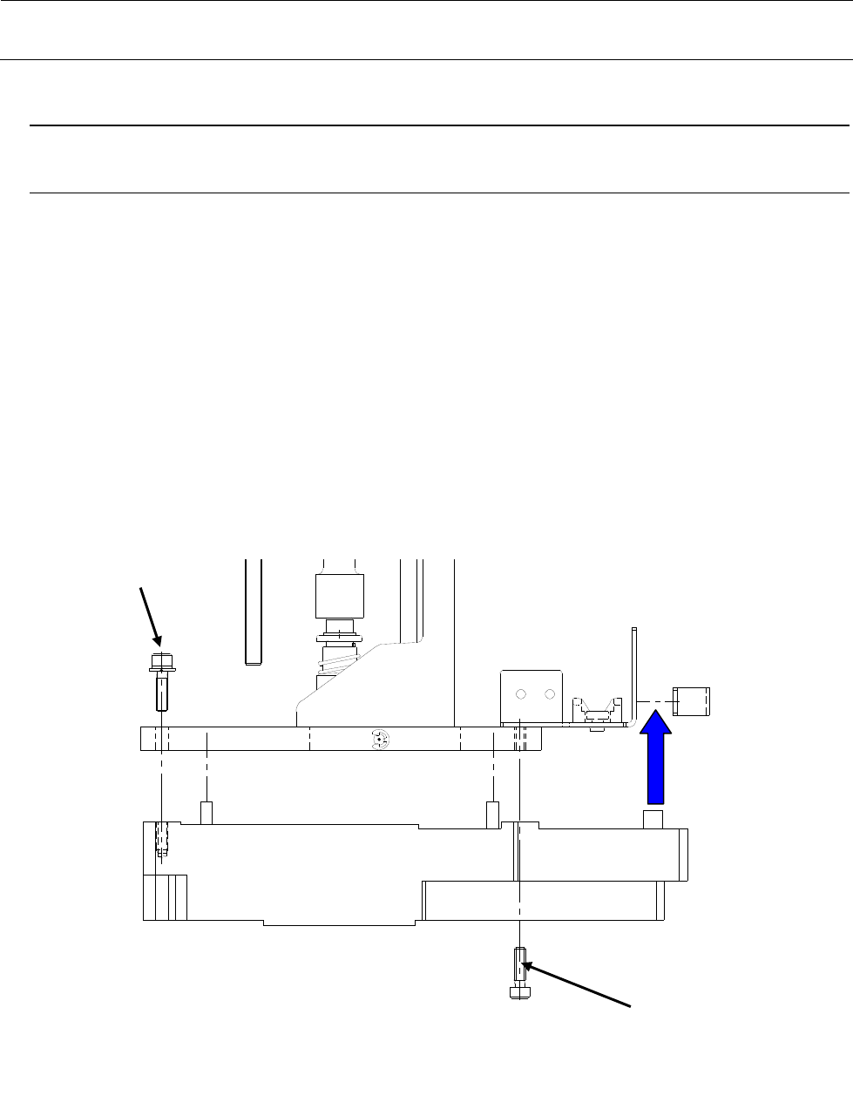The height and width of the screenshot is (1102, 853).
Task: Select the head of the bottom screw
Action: pos(519,992)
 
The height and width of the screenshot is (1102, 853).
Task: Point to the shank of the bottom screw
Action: pos(519,965)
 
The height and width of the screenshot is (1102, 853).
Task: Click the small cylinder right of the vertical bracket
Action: pos(692,700)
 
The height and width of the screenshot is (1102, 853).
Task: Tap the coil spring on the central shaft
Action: pos(336,667)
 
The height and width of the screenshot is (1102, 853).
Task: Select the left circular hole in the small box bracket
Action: pos(520,694)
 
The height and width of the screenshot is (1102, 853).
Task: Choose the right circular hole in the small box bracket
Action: pos(549,694)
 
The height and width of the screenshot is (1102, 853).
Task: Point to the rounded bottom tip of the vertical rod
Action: pos(254,660)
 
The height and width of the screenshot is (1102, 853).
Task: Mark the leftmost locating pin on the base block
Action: pos(207,813)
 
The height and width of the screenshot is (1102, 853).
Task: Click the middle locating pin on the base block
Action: pos(492,813)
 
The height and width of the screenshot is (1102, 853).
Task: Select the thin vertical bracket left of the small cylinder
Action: pos(635,675)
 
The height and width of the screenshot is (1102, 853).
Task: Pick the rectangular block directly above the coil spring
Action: pos(336,596)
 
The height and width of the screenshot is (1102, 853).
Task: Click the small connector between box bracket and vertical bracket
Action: pos(596,713)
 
